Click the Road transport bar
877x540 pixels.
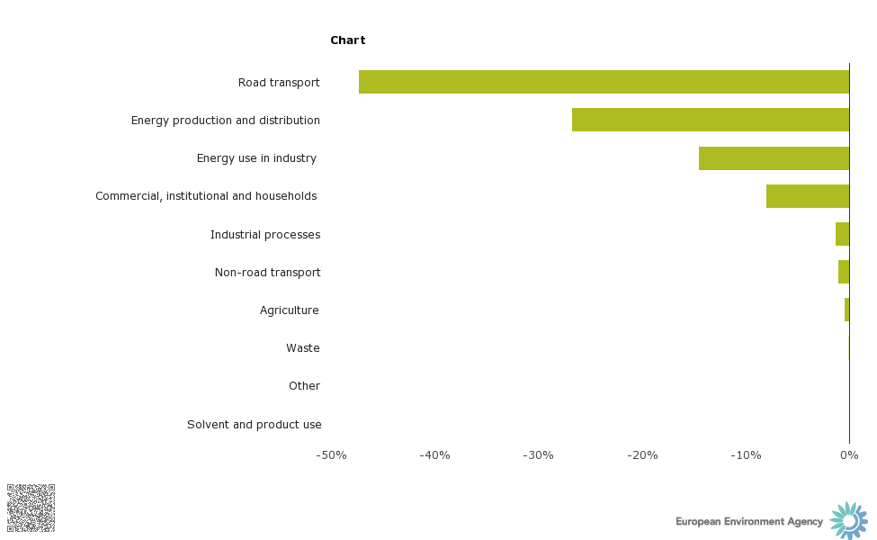point(604,82)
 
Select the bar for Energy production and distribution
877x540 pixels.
point(711,120)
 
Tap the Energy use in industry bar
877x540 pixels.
point(774,158)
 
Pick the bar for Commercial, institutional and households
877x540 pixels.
point(808,196)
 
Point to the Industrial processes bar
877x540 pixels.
point(842,234)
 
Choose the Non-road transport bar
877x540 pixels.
point(844,272)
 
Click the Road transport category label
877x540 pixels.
point(279,83)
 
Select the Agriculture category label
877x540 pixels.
point(289,310)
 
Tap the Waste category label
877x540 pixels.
point(302,348)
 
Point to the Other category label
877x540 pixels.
point(304,386)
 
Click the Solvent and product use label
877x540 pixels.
point(254,425)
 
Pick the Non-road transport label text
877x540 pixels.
point(267,273)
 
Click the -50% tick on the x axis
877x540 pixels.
point(331,455)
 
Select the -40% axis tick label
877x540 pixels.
point(434,455)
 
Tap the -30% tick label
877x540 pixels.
point(538,455)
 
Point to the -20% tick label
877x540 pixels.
point(642,455)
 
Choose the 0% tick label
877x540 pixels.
point(849,455)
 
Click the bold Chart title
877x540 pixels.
point(347,40)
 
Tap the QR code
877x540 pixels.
point(31,508)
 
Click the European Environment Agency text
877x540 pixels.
point(749,522)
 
